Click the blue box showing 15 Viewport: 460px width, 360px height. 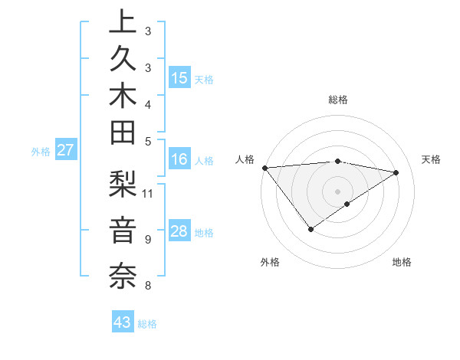[179, 77]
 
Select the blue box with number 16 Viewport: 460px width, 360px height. [179, 159]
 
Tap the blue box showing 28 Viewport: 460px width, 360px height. [179, 232]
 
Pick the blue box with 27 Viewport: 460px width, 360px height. [65, 150]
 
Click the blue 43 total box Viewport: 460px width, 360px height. [123, 322]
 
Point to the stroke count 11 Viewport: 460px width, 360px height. [148, 192]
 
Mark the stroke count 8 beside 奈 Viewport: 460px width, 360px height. [147, 286]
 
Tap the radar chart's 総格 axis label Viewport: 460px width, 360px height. [337, 100]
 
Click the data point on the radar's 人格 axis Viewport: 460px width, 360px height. [264, 167]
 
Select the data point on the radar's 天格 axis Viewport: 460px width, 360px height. [396, 172]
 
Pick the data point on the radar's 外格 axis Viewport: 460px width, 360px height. [310, 229]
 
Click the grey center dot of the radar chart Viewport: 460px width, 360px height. [337, 191]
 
